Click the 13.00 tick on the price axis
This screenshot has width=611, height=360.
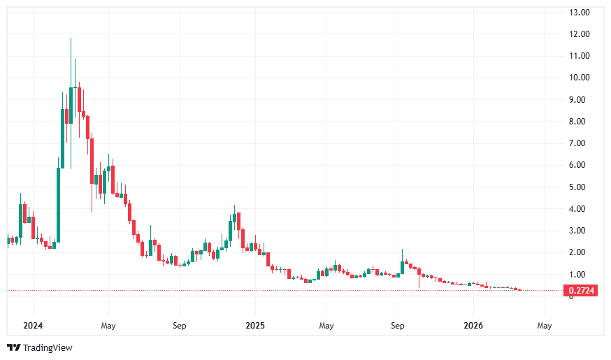coord(580,13)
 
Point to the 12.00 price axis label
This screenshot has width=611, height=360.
coord(580,34)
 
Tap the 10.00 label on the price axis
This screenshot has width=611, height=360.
coord(580,78)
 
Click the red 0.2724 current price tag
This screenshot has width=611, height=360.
coord(581,291)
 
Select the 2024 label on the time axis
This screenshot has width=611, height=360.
coord(34,326)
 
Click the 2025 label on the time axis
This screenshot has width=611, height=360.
coord(255,326)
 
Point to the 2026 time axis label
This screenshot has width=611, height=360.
coord(473,326)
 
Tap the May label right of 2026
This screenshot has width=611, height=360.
coord(545,326)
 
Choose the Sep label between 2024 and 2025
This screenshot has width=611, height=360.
coord(180,326)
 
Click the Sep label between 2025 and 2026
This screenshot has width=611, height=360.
coord(398,326)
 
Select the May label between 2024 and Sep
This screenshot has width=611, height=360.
coord(108,326)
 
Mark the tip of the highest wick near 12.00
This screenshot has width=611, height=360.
coord(71,38)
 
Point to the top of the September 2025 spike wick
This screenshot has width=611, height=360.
coord(403,250)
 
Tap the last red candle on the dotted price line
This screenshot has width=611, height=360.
coord(519,290)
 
